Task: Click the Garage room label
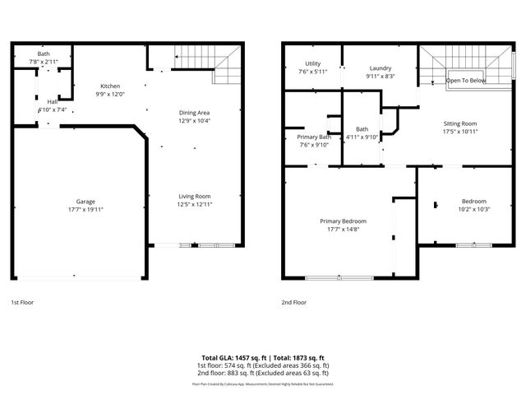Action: [x=79, y=202]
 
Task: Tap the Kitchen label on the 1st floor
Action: [x=111, y=86]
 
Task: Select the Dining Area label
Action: [x=195, y=113]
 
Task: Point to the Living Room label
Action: [x=195, y=196]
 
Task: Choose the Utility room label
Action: [x=311, y=63]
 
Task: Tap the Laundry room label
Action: [x=380, y=68]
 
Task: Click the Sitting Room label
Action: [x=459, y=123]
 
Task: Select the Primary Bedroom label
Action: [x=343, y=221]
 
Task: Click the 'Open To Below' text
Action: [x=465, y=81]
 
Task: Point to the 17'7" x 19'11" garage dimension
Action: [x=79, y=209]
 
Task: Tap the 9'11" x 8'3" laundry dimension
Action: [x=380, y=76]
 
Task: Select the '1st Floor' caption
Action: [x=22, y=303]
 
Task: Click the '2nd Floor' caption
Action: [x=293, y=303]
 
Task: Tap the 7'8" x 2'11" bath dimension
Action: [x=43, y=62]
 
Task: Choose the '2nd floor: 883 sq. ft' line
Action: [x=262, y=372]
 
